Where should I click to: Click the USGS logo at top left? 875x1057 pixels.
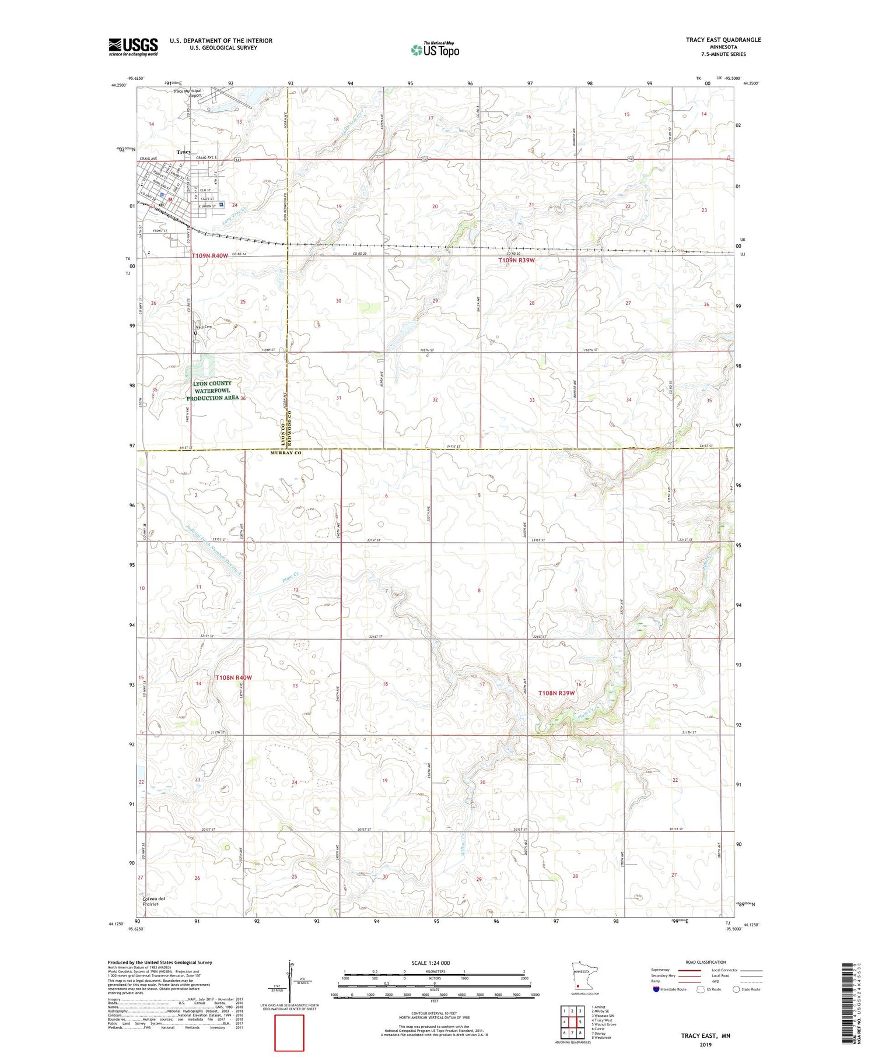pos(133,47)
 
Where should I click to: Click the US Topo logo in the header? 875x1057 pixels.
pos(435,50)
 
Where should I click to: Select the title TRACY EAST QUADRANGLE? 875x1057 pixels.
pos(723,40)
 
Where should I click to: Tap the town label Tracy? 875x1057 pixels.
pos(184,152)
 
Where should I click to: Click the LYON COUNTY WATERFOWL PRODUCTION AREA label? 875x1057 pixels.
pos(212,391)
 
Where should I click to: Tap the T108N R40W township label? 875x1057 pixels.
pos(233,677)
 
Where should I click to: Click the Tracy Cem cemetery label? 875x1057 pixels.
pos(203,327)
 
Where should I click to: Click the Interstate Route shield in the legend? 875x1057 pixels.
pos(657,989)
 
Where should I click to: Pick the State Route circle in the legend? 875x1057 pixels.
pos(737,989)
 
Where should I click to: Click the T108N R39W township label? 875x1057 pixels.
pos(556,693)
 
